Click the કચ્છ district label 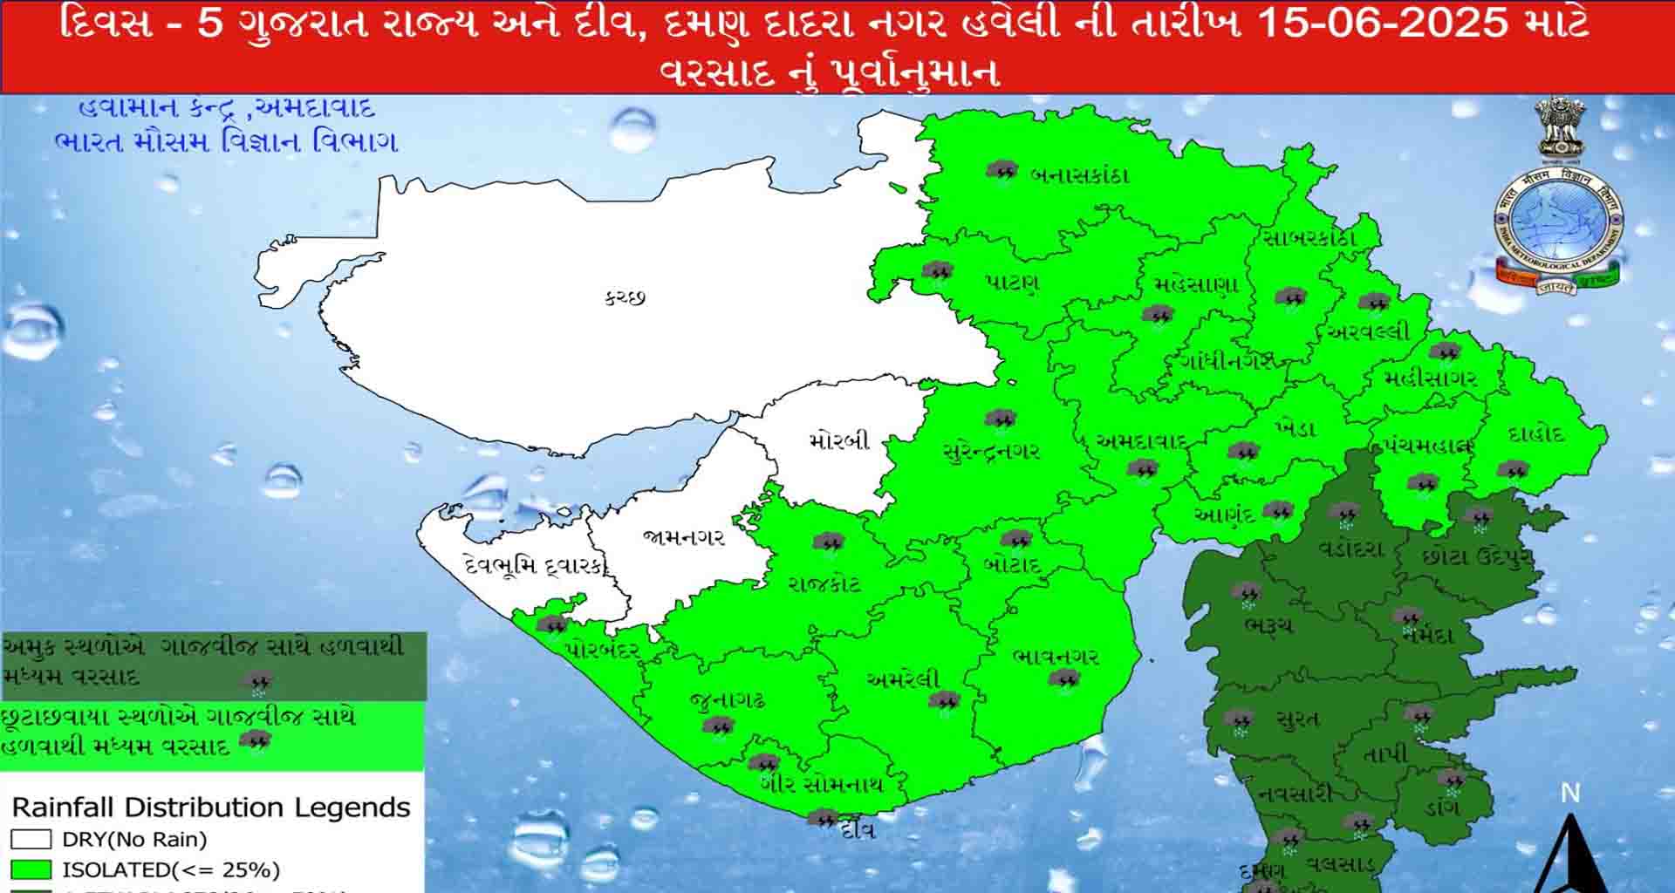pyautogui.click(x=625, y=297)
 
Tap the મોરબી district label pyautogui.click(x=839, y=440)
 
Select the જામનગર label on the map pyautogui.click(x=684, y=537)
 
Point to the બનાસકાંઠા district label pyautogui.click(x=1079, y=174)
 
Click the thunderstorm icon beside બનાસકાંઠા pyautogui.click(x=1002, y=170)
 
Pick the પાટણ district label pyautogui.click(x=1012, y=283)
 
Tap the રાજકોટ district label pyautogui.click(x=824, y=583)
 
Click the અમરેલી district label pyautogui.click(x=904, y=678)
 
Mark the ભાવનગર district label pyautogui.click(x=1056, y=656)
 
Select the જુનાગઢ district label pyautogui.click(x=727, y=699)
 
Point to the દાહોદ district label pyautogui.click(x=1535, y=434)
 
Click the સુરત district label pyautogui.click(x=1297, y=719)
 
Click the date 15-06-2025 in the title pyautogui.click(x=1383, y=24)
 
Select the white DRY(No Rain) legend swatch pyautogui.click(x=31, y=840)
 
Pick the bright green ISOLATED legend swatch pyautogui.click(x=31, y=869)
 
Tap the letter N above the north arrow pyautogui.click(x=1569, y=793)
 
